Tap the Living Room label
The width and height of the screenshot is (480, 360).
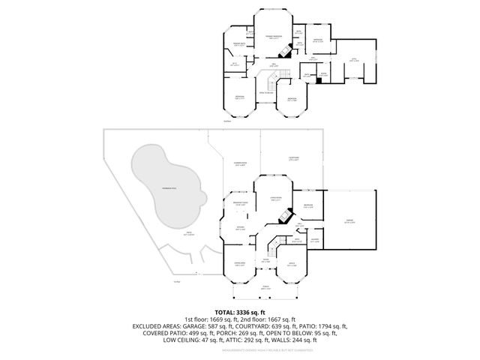[x=274, y=199]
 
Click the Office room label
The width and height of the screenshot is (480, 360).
[x=292, y=264]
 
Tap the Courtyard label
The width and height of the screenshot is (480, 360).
[x=294, y=158]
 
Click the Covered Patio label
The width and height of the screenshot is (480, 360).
[x=240, y=164]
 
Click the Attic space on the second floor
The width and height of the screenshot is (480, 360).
[x=352, y=59]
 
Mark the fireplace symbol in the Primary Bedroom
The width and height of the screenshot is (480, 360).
[x=284, y=52]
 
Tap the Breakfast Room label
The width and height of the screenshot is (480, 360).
[x=241, y=204]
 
